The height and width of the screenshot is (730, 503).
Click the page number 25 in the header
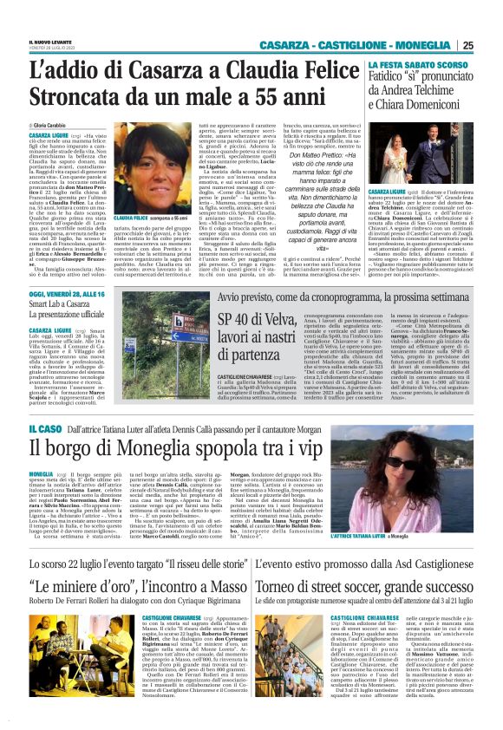[491, 46]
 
